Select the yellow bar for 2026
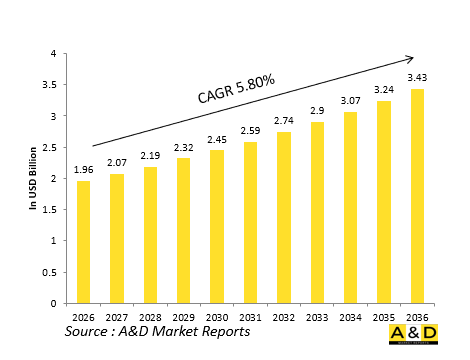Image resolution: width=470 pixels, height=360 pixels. pos(83,242)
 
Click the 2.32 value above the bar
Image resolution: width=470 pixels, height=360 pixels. pos(183,146)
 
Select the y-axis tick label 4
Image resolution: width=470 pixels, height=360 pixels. pos(55,55)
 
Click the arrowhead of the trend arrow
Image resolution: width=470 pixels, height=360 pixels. pos(408,58)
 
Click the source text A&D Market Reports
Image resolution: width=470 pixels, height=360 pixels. pos(157,331)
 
